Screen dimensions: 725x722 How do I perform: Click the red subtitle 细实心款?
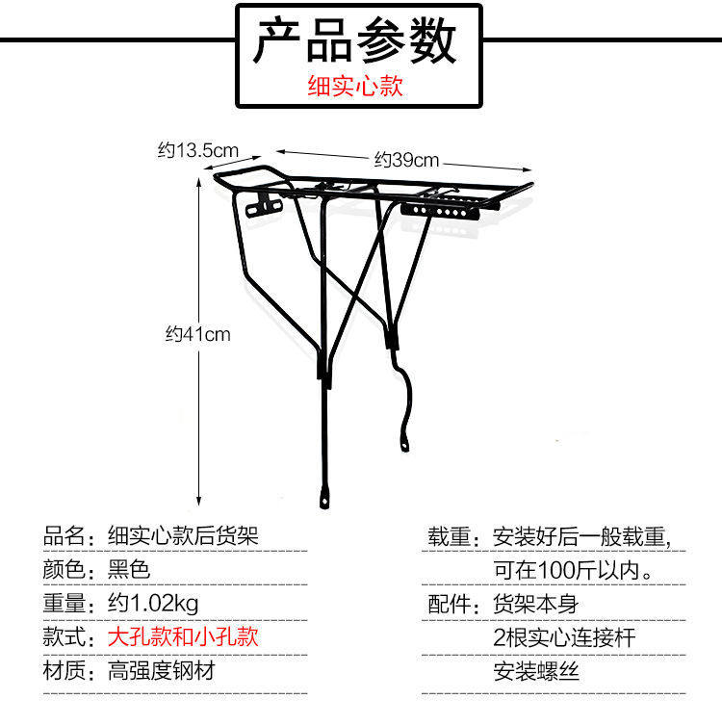(354, 88)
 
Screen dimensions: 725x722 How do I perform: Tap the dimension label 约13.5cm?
(197, 150)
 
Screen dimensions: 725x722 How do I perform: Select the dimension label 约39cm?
(406, 160)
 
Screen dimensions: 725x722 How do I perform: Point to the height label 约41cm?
(197, 334)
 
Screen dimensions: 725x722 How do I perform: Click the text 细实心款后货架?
(184, 535)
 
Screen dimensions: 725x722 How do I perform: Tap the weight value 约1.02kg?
(153, 604)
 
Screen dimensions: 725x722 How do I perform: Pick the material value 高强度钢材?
(161, 671)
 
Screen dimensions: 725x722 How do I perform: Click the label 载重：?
(453, 535)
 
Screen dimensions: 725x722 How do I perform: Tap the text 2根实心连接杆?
(564, 637)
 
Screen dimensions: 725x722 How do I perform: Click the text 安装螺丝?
(537, 671)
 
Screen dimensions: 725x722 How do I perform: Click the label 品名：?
(70, 535)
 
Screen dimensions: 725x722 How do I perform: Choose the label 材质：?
(70, 671)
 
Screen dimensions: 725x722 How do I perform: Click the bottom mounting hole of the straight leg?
(323, 502)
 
